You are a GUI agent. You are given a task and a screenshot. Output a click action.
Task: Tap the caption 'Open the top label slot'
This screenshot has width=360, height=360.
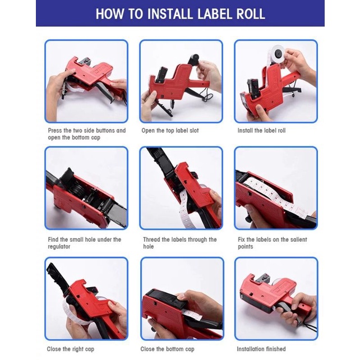click(170, 131)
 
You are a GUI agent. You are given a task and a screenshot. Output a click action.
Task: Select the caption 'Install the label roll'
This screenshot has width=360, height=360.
click(261, 131)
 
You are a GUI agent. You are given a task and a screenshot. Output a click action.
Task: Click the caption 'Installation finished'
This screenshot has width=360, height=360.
click(261, 349)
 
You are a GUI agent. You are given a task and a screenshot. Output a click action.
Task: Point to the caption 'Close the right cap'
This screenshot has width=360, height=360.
click(71, 349)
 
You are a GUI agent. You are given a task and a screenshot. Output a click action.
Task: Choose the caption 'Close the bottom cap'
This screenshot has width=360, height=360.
click(167, 349)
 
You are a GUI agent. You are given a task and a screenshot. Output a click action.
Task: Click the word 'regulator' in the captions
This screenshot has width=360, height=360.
click(59, 247)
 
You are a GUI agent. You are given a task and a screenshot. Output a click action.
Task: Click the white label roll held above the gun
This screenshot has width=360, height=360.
click(276, 54)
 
